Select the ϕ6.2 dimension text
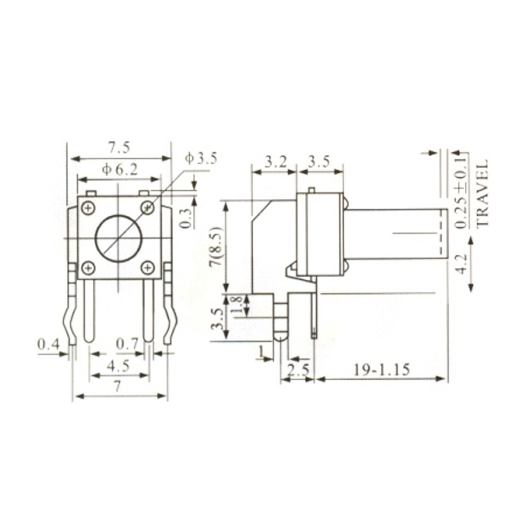pos(119,169)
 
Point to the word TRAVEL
pos(483,192)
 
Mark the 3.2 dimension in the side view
pos(275,162)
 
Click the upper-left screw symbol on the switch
pos(89,208)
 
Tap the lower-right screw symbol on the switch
pos(148,268)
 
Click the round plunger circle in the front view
pos(118,239)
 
